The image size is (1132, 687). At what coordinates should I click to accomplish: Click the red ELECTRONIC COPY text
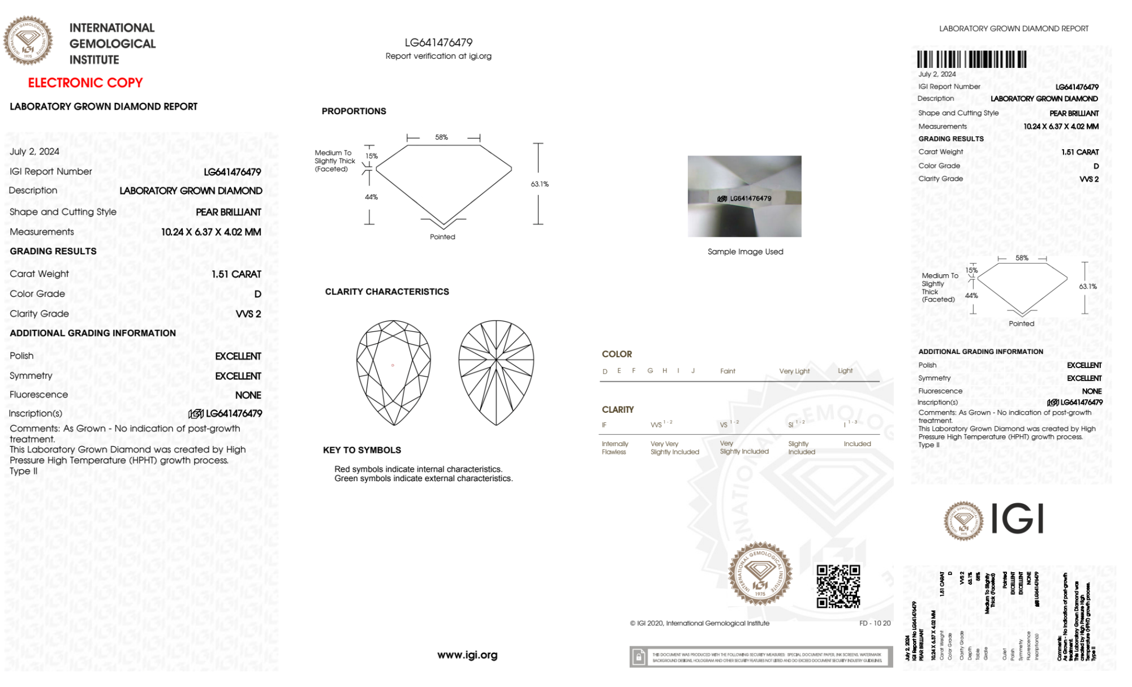point(85,83)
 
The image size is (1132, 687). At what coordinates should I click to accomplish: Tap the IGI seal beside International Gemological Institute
point(28,40)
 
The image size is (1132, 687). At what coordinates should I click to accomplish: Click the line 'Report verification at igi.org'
point(438,56)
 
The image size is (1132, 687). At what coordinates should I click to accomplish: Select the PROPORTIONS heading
point(354,111)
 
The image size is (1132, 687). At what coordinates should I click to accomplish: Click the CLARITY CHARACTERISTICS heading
point(387,292)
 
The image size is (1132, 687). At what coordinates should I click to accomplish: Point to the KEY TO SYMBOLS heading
point(362,450)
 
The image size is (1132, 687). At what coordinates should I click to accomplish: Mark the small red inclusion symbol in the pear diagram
point(393,365)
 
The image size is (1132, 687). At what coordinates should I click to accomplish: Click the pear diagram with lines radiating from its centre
point(496,373)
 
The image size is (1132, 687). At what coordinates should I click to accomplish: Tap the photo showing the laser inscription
point(744,196)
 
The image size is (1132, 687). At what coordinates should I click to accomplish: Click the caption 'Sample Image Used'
point(745,252)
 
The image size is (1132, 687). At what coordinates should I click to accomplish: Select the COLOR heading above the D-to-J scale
point(617,354)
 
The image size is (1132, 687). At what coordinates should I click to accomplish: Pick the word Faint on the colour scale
point(728,371)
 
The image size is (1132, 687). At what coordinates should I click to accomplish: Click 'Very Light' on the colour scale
point(794,371)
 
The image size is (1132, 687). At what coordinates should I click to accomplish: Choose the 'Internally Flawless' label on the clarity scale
point(614,448)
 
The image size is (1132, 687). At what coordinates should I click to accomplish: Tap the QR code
point(838,586)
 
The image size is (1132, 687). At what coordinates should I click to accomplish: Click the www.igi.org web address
point(467,655)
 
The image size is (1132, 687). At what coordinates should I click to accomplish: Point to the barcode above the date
point(971,59)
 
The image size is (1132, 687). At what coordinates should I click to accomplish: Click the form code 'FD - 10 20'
point(875,623)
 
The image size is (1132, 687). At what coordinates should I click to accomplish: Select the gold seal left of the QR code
point(760,573)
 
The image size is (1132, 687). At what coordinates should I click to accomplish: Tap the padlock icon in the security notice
point(639,657)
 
